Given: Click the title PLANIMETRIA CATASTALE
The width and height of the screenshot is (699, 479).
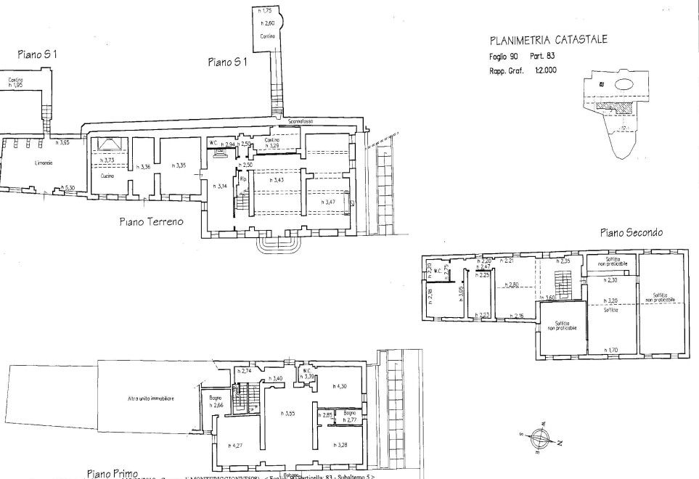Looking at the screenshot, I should click(549, 40).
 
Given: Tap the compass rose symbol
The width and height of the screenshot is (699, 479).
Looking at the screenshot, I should click(541, 438).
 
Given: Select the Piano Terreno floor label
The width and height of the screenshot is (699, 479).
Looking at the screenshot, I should click(151, 221).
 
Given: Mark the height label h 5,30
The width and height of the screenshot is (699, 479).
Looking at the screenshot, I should click(70, 188).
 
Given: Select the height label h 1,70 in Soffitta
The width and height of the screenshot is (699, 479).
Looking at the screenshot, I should click(613, 350).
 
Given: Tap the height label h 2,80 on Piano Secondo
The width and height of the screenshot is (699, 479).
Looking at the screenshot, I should click(512, 284).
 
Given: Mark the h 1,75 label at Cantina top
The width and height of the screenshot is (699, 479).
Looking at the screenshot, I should click(266, 12).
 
